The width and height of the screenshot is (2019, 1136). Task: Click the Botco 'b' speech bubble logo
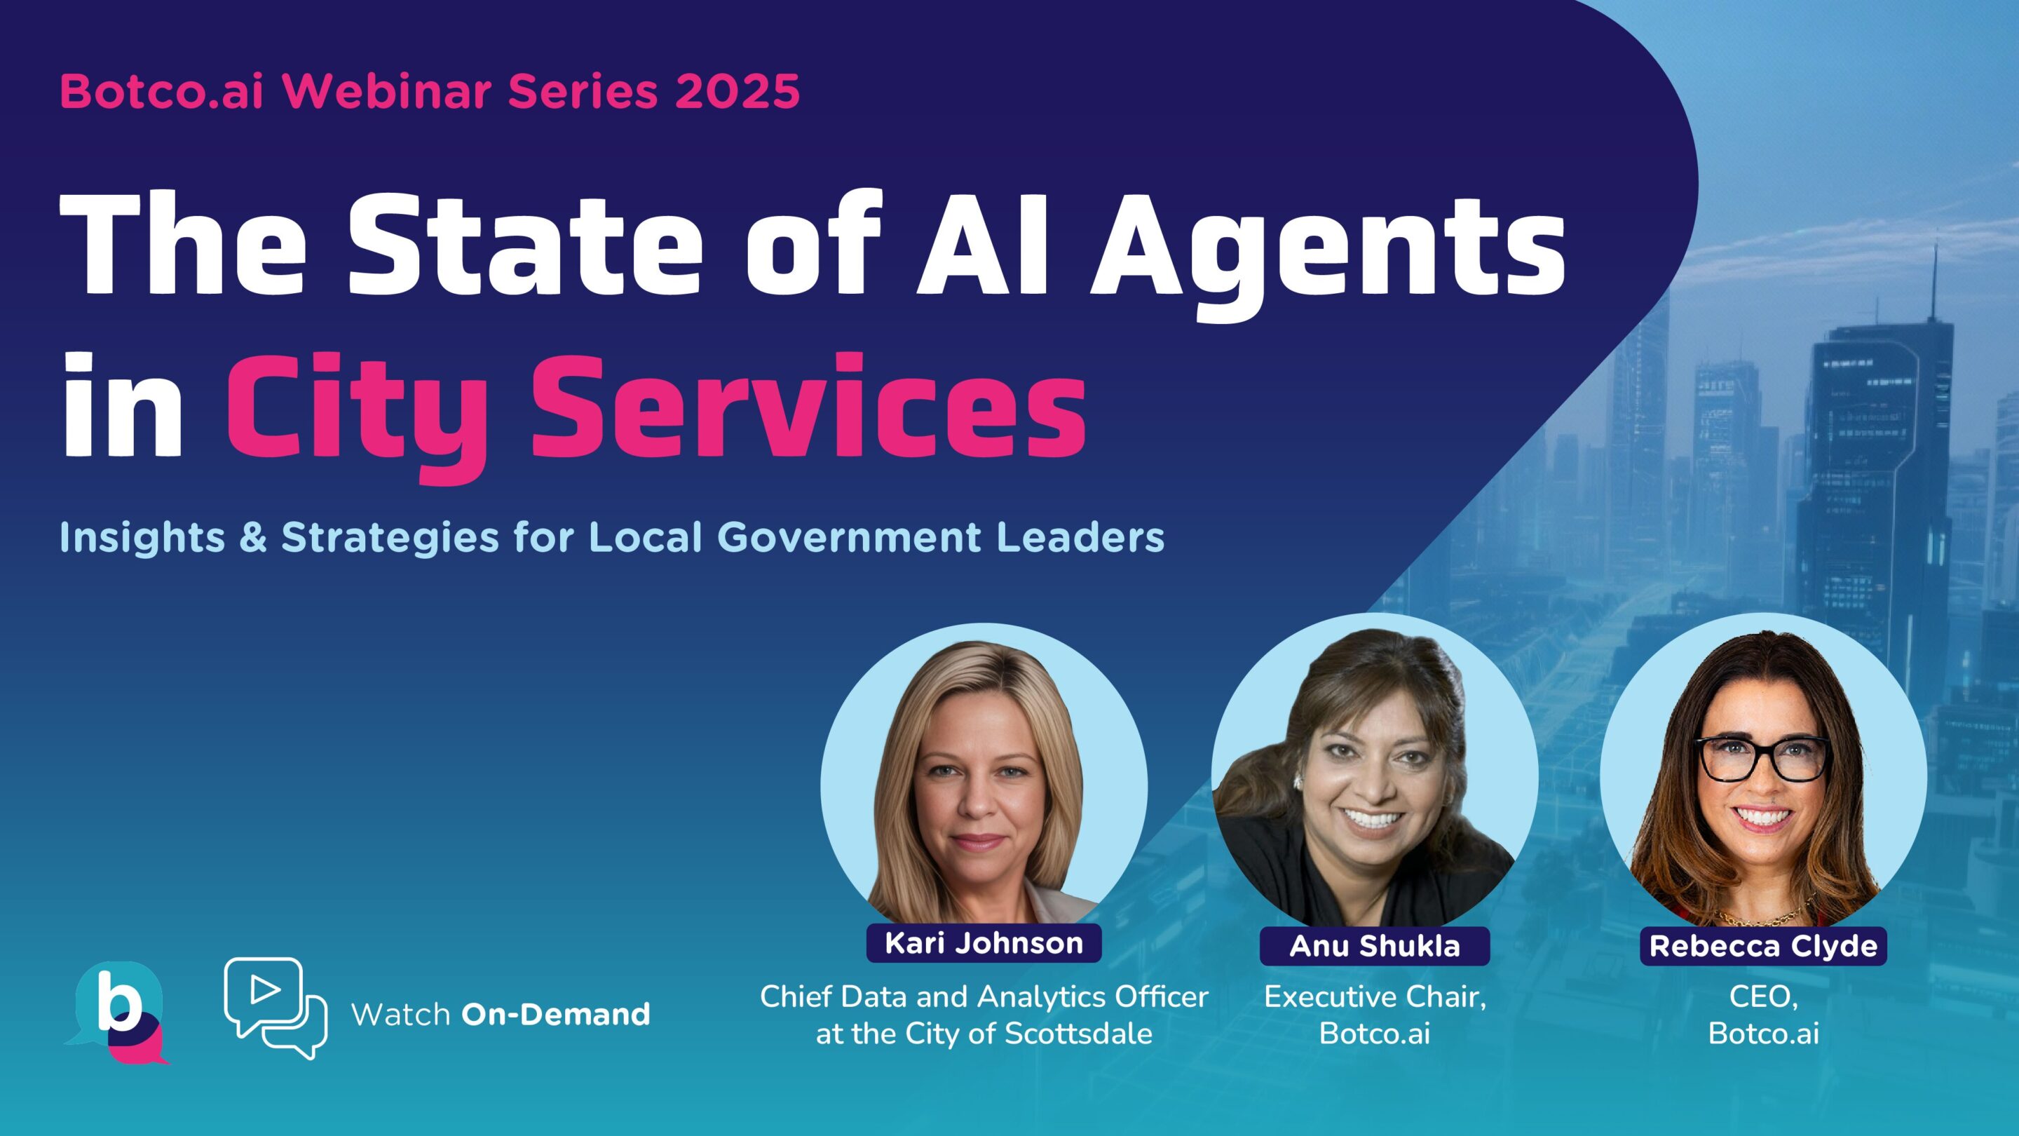118,1012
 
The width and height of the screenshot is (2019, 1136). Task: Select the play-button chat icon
274,1008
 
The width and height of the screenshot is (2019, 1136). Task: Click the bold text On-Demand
556,1015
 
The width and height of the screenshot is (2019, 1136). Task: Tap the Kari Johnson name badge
984,943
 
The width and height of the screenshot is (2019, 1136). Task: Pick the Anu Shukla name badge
1375,946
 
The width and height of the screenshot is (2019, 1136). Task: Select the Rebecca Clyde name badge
1764,946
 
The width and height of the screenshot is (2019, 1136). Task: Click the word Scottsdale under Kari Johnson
1078,1034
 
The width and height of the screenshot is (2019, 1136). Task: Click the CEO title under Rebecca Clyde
1762,997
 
